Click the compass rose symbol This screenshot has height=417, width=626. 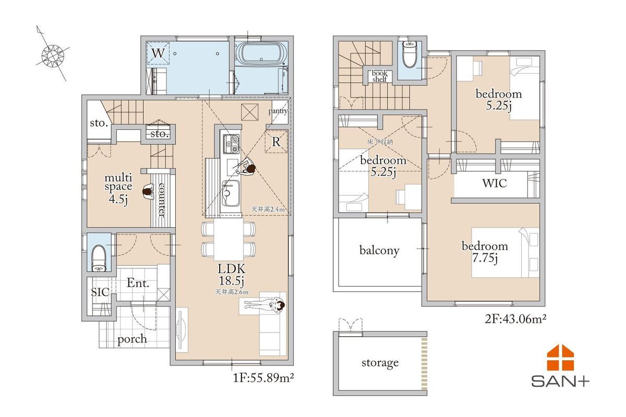(x=53, y=56)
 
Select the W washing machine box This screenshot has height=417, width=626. (x=158, y=53)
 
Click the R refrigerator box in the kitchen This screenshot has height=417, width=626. (x=276, y=142)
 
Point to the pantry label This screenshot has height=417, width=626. (x=278, y=111)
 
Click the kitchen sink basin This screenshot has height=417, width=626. (x=231, y=193)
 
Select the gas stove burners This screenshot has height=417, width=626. (x=231, y=143)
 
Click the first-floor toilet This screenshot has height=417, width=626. (x=99, y=258)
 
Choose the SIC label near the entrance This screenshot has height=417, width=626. (x=100, y=292)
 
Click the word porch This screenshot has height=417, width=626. (x=132, y=339)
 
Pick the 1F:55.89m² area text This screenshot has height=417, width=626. (x=263, y=378)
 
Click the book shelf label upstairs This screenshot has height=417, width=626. (x=380, y=76)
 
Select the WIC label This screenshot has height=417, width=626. (x=495, y=183)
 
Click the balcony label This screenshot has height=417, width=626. (x=379, y=250)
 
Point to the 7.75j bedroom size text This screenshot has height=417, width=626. (x=485, y=259)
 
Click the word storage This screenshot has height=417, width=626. (x=380, y=363)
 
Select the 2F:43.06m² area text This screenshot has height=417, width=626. (x=515, y=318)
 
